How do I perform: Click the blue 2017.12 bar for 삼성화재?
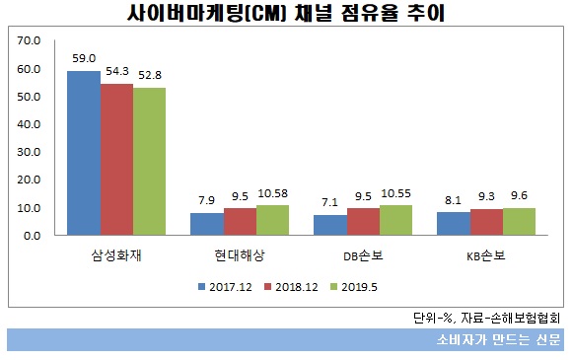click(83, 154)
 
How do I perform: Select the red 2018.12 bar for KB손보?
click(486, 223)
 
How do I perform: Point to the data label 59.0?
click(83, 58)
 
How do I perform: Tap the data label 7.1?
click(329, 203)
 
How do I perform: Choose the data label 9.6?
click(520, 195)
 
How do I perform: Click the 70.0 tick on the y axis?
click(30, 41)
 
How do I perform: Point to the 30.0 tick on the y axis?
click(30, 153)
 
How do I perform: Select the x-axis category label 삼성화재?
click(116, 254)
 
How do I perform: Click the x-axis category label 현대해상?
click(240, 254)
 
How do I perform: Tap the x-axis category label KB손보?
click(486, 254)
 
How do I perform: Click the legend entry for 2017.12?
click(223, 286)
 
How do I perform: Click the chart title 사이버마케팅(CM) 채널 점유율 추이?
click(286, 14)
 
